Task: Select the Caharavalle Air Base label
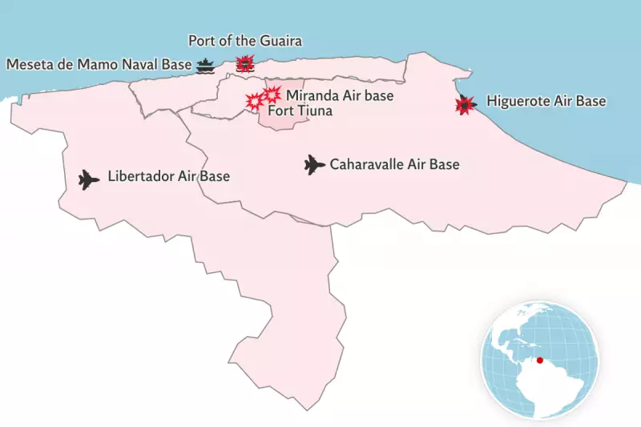point(394,165)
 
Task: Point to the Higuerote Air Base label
point(546,103)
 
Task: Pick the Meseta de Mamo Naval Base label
point(99,64)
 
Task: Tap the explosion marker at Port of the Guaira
point(245,63)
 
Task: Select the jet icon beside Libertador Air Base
point(87,179)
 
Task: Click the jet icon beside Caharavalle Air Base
point(313,165)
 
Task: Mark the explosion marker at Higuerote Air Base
point(463,105)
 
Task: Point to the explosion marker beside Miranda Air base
point(272,94)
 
